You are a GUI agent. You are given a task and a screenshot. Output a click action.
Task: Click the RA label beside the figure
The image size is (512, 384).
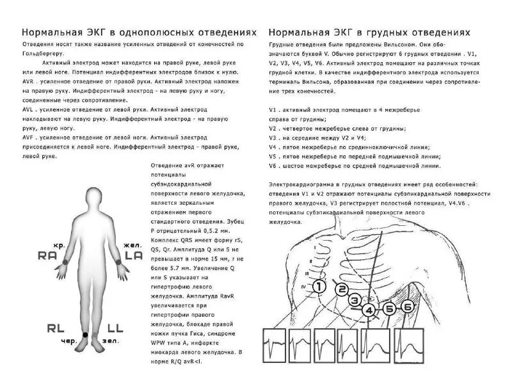[47, 255]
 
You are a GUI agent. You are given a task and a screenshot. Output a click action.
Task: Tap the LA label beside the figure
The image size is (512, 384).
[134, 255]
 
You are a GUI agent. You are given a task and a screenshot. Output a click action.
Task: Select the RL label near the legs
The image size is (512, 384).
[56, 328]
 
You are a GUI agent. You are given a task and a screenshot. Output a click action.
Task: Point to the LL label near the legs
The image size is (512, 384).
[116, 328]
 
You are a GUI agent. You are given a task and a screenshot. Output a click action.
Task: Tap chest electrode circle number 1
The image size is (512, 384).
[318, 287]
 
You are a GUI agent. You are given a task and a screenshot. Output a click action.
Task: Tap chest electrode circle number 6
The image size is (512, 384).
[407, 308]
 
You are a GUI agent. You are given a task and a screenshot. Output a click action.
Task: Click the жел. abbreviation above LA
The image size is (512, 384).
[133, 245]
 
